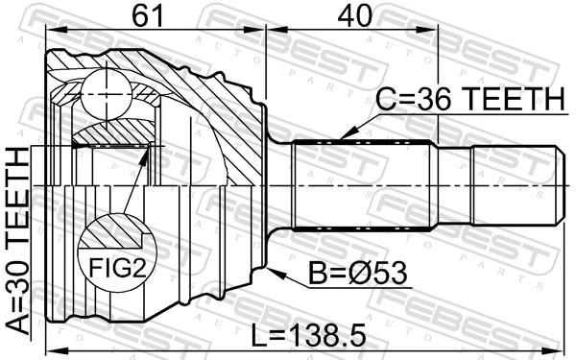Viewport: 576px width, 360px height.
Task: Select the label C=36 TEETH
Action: coord(468,98)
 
